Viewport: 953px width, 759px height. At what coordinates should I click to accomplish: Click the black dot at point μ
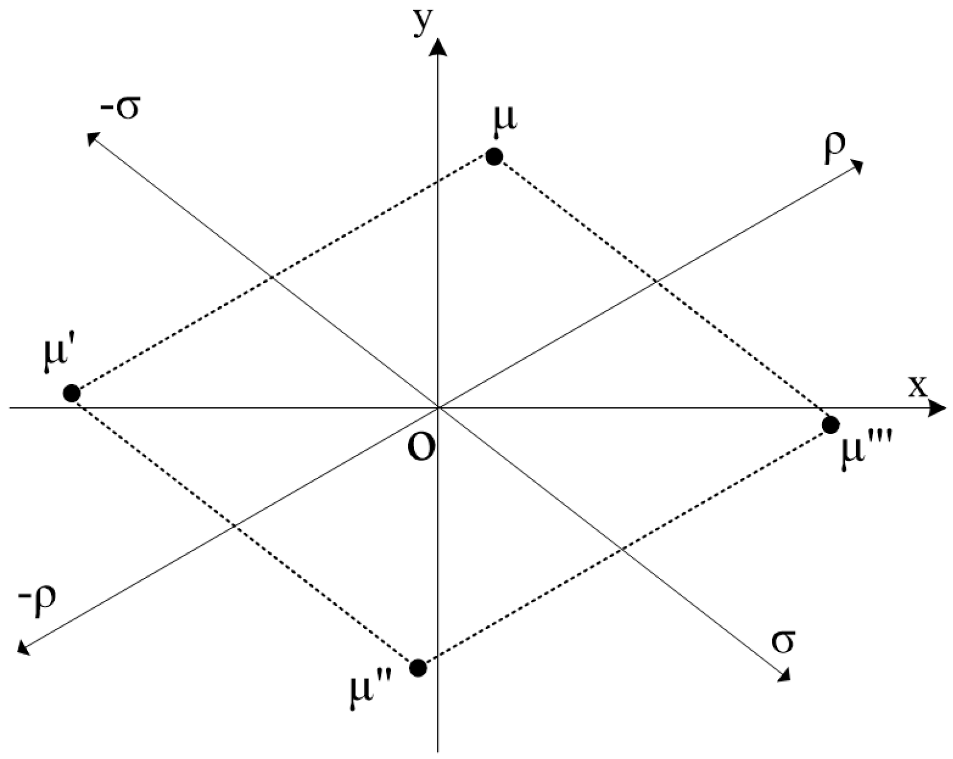[494, 156]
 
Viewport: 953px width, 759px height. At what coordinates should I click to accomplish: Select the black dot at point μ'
[72, 394]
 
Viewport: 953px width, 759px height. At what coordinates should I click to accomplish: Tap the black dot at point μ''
[418, 668]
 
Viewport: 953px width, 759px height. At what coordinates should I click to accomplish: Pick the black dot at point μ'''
[830, 425]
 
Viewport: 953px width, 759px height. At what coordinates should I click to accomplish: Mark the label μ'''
[862, 455]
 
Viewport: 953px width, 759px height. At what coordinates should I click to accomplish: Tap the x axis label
[917, 387]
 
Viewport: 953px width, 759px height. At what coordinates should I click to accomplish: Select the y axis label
[424, 24]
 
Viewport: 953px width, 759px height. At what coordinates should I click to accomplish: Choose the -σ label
[120, 107]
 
